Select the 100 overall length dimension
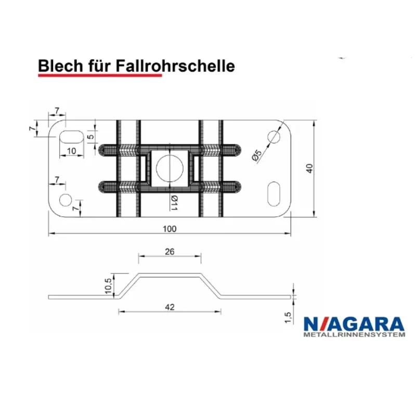pyautogui.click(x=170, y=229)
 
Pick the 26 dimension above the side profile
pyautogui.click(x=169, y=252)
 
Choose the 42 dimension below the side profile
pyautogui.click(x=169, y=307)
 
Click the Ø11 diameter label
pyautogui.click(x=174, y=202)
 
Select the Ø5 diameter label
pyautogui.click(x=255, y=155)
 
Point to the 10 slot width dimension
pyautogui.click(x=72, y=150)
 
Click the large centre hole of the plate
pyautogui.click(x=169, y=167)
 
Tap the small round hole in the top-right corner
pyautogui.click(x=274, y=136)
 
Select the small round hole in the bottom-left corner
pyautogui.click(x=66, y=199)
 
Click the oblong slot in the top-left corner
pyautogui.click(x=71, y=136)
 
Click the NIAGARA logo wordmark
pyautogui.click(x=353, y=323)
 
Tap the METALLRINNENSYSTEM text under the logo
pyautogui.click(x=353, y=335)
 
